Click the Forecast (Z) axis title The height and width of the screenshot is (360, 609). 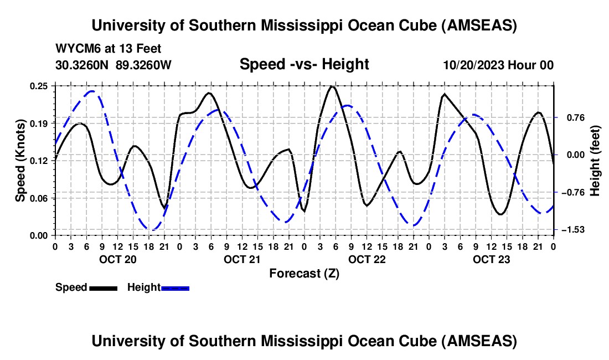click(x=304, y=273)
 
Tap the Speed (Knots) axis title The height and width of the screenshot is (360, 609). click(x=20, y=160)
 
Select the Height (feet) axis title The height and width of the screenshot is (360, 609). click(x=595, y=160)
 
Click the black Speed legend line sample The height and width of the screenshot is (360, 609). click(x=103, y=287)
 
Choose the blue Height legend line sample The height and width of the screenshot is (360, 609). click(x=175, y=287)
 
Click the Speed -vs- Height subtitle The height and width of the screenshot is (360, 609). click(x=304, y=64)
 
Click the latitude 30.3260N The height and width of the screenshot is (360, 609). click(x=83, y=65)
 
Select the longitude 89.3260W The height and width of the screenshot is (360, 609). click(x=143, y=65)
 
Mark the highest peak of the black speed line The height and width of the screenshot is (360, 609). click(x=332, y=86)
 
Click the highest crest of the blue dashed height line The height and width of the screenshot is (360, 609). click(x=92, y=91)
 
